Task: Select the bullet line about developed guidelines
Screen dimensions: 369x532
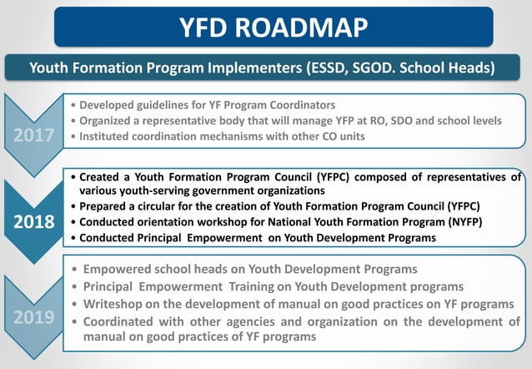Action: coord(203,105)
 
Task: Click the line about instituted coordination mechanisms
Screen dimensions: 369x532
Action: coord(218,136)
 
